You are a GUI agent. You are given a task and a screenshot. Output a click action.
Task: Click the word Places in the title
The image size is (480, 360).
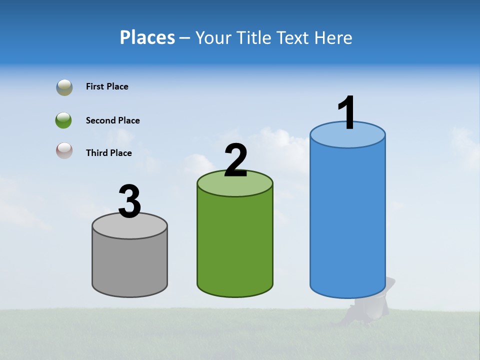point(147,37)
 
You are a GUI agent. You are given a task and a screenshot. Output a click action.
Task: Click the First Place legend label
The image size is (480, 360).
point(107,86)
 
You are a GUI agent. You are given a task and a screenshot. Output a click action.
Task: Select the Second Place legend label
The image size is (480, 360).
point(112,120)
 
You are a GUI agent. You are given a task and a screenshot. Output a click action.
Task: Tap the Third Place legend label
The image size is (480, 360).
point(108,153)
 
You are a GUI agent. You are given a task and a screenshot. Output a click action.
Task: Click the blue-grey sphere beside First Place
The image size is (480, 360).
point(64,87)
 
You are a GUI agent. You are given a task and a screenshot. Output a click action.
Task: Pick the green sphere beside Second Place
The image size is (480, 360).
point(64,120)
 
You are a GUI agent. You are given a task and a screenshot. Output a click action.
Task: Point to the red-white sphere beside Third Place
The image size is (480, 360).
point(64,150)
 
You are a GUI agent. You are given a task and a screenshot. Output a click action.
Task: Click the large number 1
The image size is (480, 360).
point(347,113)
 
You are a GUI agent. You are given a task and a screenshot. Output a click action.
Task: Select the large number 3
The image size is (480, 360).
point(130,201)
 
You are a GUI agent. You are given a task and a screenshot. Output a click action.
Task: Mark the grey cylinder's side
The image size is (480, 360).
point(130,265)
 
